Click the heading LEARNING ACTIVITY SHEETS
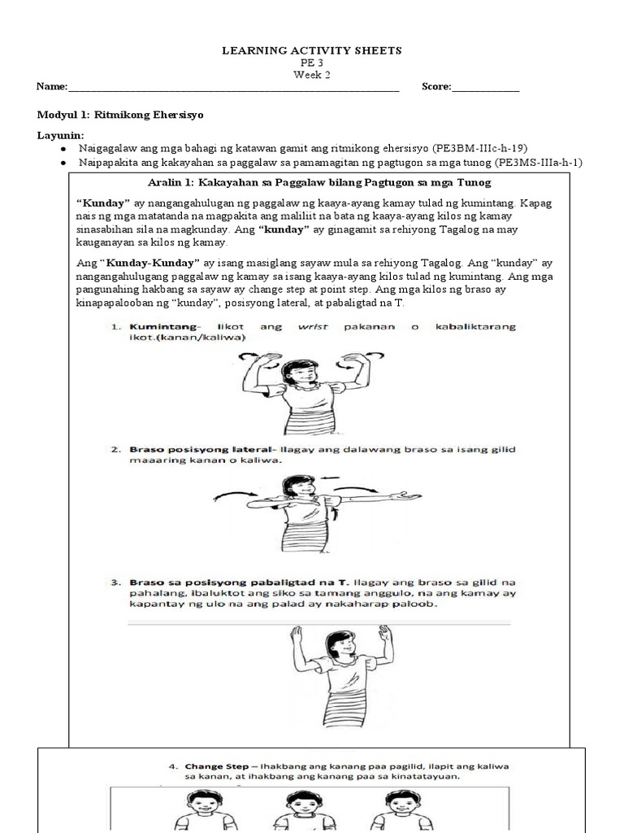(x=312, y=50)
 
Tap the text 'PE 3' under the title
(x=312, y=63)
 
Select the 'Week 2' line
(x=312, y=75)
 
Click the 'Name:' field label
(x=50, y=87)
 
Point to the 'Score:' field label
(x=436, y=87)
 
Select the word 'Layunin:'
(x=60, y=134)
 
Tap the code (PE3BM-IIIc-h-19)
(x=481, y=148)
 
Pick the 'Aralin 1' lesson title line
(x=326, y=181)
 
